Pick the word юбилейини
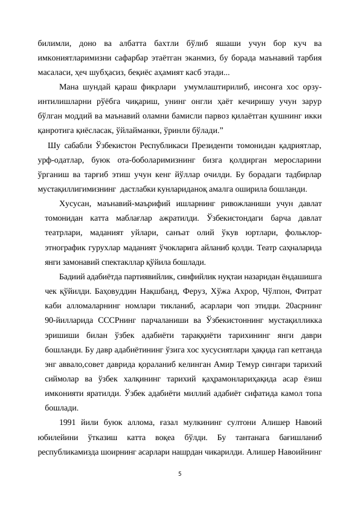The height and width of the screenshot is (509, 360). tap(57, 437)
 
